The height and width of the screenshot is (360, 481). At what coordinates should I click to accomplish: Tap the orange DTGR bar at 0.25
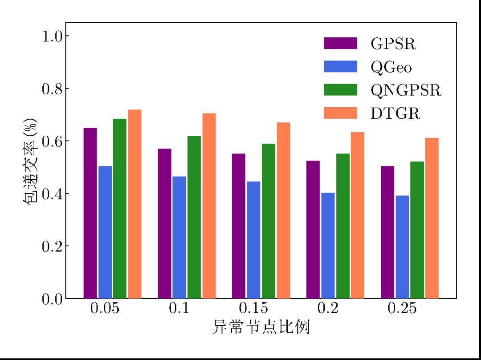point(432,218)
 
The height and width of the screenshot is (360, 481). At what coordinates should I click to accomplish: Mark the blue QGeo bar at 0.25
point(402,247)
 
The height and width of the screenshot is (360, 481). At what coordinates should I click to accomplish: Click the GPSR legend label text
point(393,44)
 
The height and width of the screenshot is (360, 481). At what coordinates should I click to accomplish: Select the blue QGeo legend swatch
point(340,67)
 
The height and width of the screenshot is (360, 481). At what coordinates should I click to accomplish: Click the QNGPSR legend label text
point(406,90)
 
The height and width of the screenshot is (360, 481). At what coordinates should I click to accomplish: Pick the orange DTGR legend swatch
point(340,113)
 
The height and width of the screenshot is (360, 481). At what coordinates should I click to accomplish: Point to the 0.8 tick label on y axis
point(52,88)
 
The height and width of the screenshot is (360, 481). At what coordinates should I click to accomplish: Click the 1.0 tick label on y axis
point(52,36)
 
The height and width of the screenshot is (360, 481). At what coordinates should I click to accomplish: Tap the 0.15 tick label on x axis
point(253,308)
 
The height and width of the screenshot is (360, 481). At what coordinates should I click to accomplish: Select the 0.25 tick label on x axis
point(402,308)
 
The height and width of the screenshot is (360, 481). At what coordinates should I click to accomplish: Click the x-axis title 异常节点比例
point(261,328)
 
